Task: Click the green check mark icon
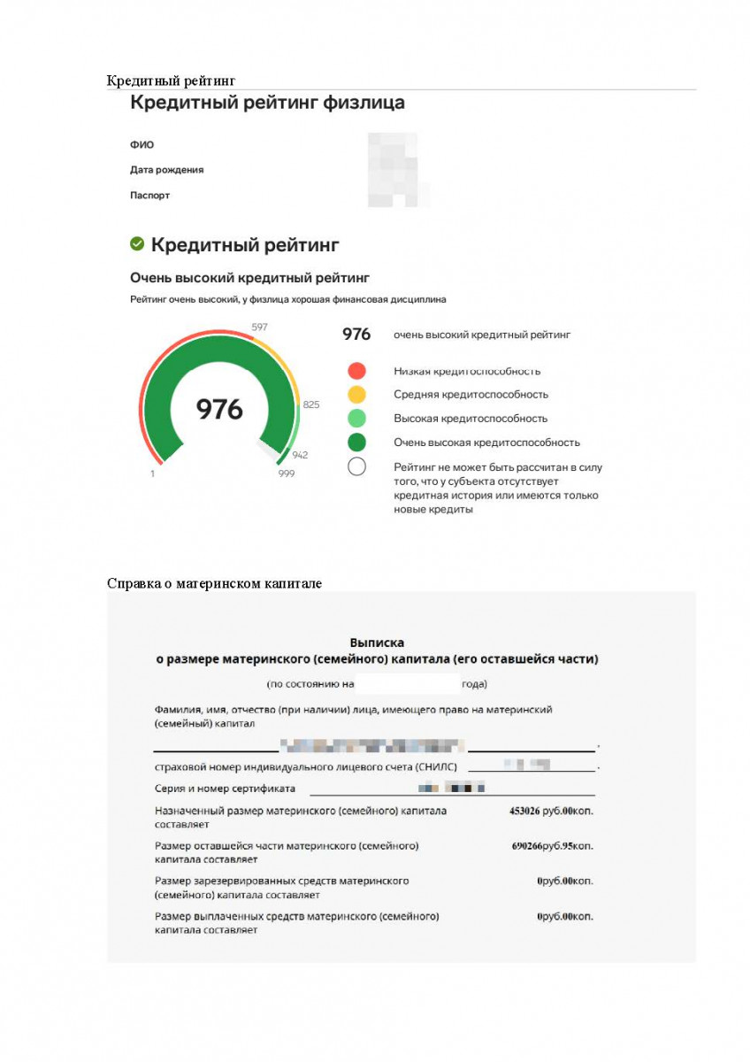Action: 137,243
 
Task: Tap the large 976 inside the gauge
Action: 219,409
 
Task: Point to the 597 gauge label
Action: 259,327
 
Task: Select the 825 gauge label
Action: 311,404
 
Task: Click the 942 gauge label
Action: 300,455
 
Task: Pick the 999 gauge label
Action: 286,473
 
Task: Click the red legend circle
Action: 356,371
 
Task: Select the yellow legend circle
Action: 356,395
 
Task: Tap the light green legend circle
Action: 356,419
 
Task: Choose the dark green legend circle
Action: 356,442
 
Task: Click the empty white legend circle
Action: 356,466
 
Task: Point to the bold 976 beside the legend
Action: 356,335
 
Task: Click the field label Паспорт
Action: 149,196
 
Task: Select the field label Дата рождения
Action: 167,170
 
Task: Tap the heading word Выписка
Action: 377,643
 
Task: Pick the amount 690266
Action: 527,846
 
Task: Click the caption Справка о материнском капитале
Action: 214,583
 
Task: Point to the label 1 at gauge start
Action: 153,473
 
